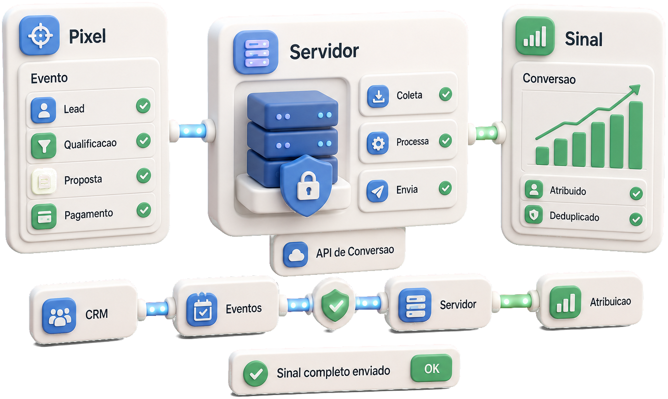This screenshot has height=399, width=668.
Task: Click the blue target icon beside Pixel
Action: pyautogui.click(x=39, y=35)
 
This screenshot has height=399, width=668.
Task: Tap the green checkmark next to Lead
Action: pyautogui.click(x=143, y=106)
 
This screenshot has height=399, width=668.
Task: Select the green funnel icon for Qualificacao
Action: pyautogui.click(x=43, y=145)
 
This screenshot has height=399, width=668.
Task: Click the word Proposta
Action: pyautogui.click(x=83, y=180)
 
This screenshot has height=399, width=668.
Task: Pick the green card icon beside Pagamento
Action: pyautogui.click(x=44, y=216)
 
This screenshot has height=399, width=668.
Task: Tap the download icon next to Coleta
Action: pyautogui.click(x=378, y=96)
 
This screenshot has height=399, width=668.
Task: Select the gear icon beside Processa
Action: pyautogui.click(x=378, y=143)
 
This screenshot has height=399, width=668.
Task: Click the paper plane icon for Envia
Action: pyautogui.click(x=377, y=191)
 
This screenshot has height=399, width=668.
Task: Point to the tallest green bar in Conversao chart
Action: pyautogui.click(x=636, y=135)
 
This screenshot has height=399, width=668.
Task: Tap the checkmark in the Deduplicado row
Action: pyautogui.click(x=636, y=219)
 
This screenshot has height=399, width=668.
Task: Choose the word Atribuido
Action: pyautogui.click(x=568, y=190)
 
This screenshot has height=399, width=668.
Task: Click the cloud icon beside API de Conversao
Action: pyautogui.click(x=295, y=255)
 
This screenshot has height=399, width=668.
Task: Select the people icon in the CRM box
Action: pyautogui.click(x=59, y=315)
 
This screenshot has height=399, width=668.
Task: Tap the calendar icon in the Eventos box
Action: pyautogui.click(x=202, y=309)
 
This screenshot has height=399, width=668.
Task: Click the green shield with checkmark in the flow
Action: pyautogui.click(x=335, y=304)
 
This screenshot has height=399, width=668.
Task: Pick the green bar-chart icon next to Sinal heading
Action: pyautogui.click(x=535, y=36)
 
